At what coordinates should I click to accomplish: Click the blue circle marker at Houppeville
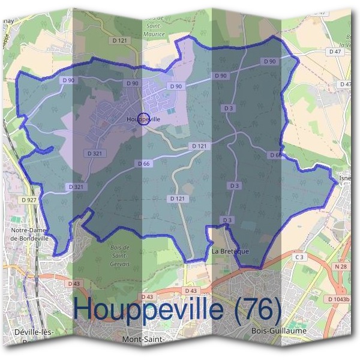pyautogui.click(x=143, y=118)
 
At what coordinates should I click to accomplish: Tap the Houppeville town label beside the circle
pyautogui.click(x=144, y=119)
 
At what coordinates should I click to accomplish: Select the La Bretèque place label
pyautogui.click(x=230, y=251)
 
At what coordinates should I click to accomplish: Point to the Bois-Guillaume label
pyautogui.click(x=271, y=331)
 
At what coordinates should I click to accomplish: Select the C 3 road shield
pyautogui.click(x=299, y=257)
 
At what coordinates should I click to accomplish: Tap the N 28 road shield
pyautogui.click(x=341, y=266)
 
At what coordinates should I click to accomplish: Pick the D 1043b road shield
pyautogui.click(x=339, y=298)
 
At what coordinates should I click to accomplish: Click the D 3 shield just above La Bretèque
pyautogui.click(x=227, y=221)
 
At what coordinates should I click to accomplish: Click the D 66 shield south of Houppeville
pyautogui.click(x=143, y=163)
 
